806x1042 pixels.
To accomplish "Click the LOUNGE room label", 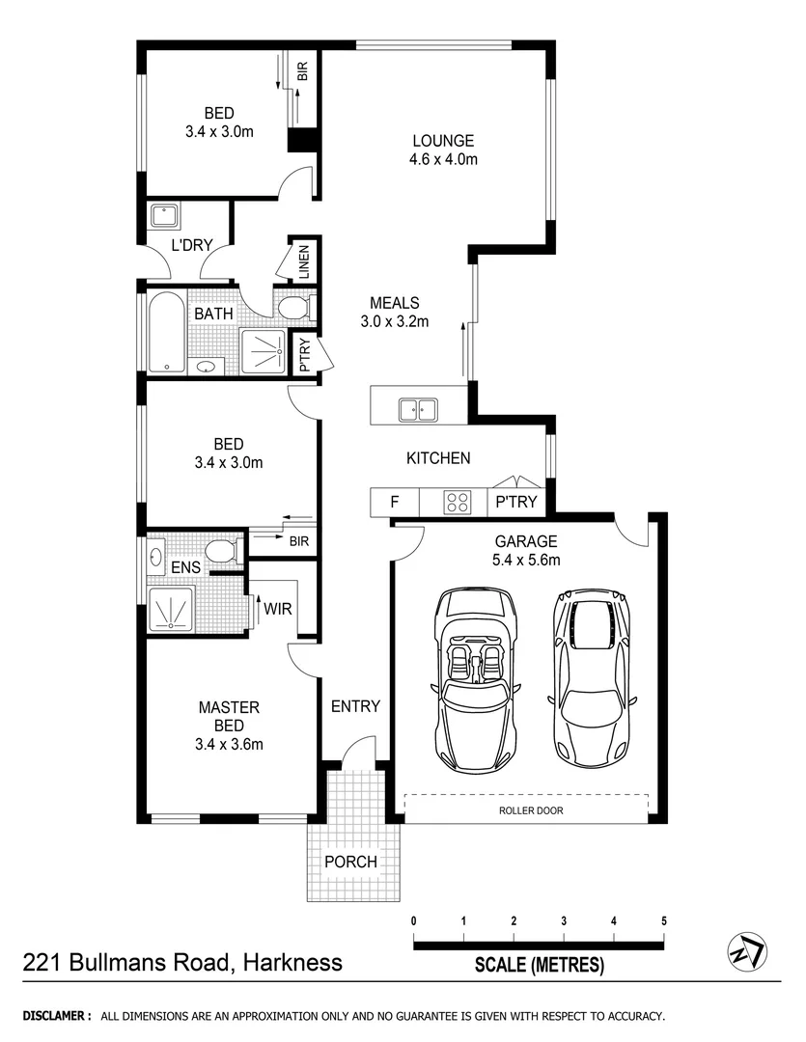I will (443, 140).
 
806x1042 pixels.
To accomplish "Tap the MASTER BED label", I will (229, 716).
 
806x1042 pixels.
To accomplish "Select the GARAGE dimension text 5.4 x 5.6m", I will (527, 560).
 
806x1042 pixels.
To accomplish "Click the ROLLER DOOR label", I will (531, 810).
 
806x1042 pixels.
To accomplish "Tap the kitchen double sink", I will (419, 410).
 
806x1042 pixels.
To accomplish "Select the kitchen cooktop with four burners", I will (457, 503).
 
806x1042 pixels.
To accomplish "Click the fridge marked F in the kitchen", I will (394, 503).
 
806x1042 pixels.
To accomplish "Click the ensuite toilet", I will (222, 552).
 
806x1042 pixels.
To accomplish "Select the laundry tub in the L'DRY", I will (163, 216).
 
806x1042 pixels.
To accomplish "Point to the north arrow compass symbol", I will (747, 953).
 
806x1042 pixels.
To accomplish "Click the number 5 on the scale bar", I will (664, 920).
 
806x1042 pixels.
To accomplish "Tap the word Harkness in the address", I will (292, 963).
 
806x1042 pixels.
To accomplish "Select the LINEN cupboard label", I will (303, 260).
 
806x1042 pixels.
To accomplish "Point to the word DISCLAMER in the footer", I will (56, 1016).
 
